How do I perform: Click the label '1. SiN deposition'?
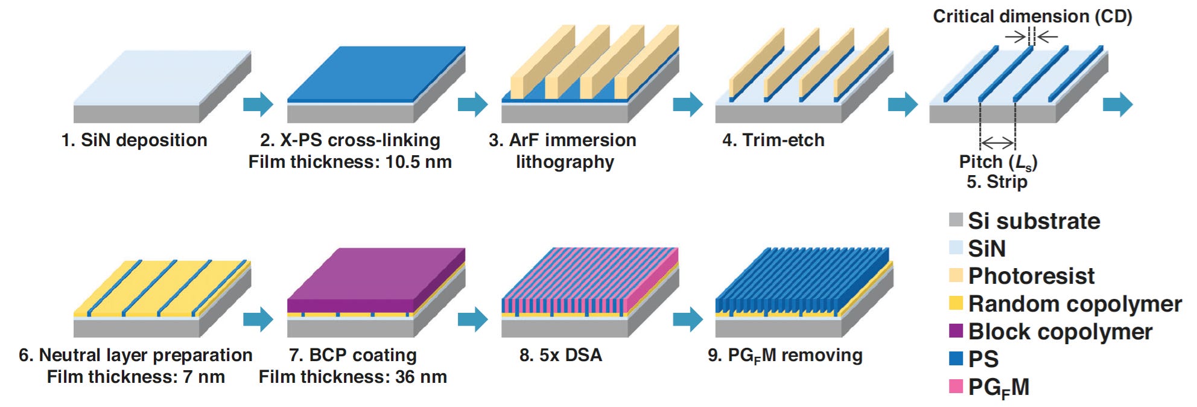coord(134,140)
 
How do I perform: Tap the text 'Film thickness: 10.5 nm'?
coord(350,162)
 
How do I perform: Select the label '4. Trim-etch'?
coord(773,140)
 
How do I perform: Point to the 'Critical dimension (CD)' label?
coord(1032,16)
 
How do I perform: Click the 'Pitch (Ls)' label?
coord(998,162)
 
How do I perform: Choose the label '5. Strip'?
coord(997,182)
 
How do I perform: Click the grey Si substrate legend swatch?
coord(956,220)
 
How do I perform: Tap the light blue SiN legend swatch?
coord(956,248)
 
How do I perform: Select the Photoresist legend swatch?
coord(956,275)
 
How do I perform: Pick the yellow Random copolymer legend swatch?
coord(956,303)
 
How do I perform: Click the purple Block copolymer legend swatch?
coord(956,331)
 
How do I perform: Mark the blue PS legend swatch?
coord(956,359)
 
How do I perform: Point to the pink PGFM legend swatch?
coord(956,386)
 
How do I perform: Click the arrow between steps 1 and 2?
coord(258,104)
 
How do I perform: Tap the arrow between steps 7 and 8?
coord(472,319)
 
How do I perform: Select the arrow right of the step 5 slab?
coord(1117,104)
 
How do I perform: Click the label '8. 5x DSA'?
coord(560,355)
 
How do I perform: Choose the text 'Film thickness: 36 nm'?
coord(353,377)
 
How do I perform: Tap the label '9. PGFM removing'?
coord(785,355)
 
